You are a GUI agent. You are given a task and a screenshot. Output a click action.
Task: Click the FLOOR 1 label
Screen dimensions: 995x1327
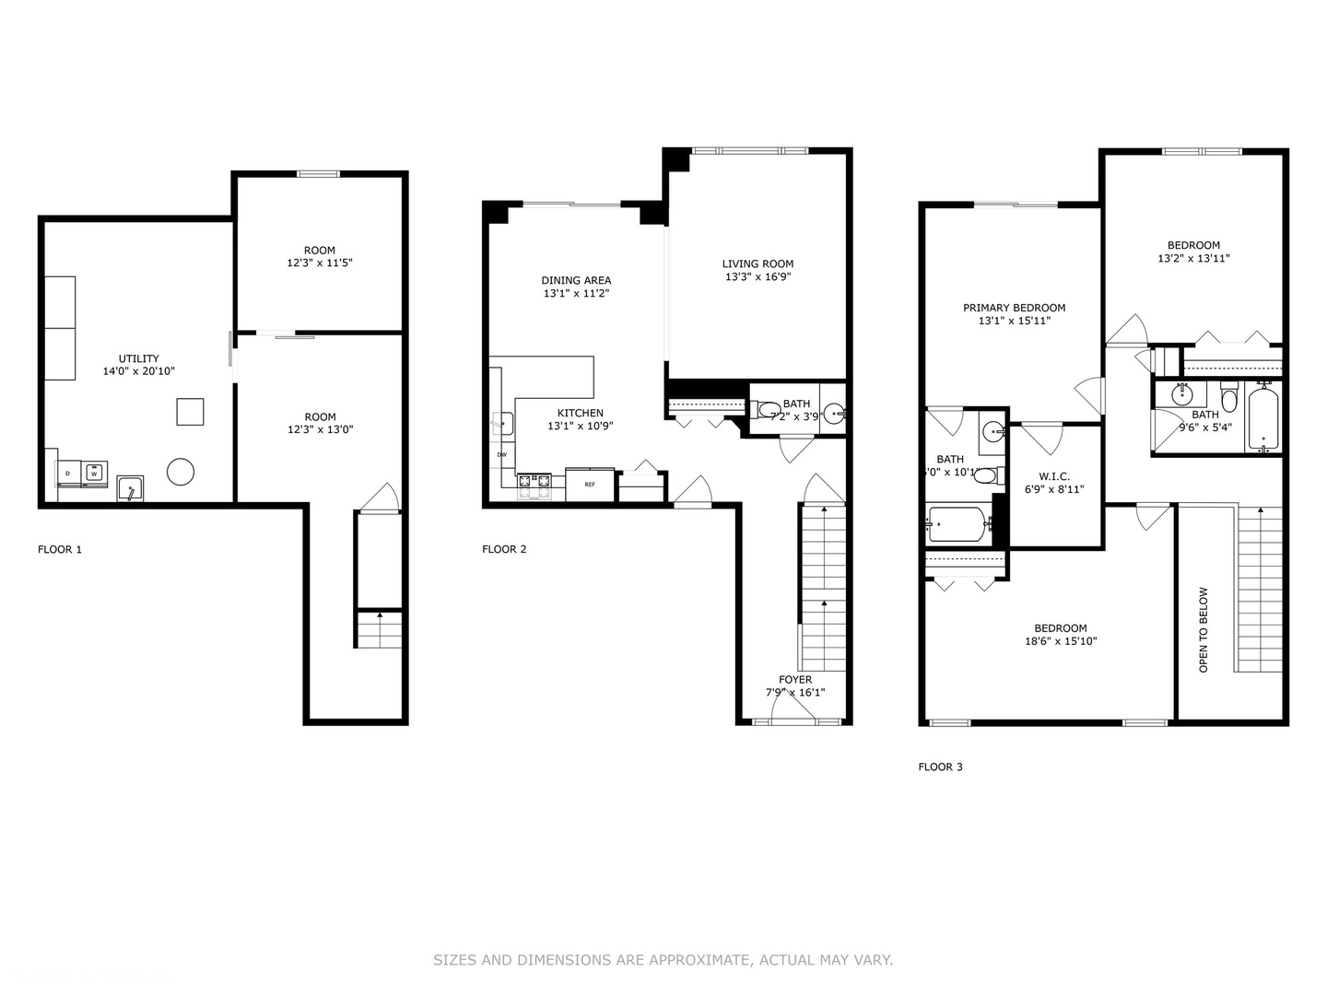[x=60, y=550]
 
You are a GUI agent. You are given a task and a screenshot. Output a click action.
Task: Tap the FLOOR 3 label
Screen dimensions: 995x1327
[x=940, y=767]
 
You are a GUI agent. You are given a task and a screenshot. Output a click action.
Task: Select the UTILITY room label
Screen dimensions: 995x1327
[x=138, y=358]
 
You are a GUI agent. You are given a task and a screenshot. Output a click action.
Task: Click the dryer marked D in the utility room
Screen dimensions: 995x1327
[x=68, y=474]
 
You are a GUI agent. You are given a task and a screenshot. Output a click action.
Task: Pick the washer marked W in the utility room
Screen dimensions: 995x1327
[x=93, y=474]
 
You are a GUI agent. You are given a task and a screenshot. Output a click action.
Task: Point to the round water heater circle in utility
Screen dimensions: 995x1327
[x=181, y=473]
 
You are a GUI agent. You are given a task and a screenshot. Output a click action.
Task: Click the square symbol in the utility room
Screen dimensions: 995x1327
[x=191, y=412]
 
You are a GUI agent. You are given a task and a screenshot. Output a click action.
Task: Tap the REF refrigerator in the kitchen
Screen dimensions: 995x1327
[x=590, y=485]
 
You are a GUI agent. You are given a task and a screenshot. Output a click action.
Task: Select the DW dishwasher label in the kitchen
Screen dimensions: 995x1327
[x=502, y=454]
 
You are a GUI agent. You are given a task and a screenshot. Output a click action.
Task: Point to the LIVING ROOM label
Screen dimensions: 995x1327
[x=757, y=263]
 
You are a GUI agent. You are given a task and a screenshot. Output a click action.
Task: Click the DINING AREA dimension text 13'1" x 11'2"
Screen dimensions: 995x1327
[x=577, y=294]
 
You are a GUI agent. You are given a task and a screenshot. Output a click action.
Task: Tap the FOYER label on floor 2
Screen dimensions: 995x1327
[x=795, y=680]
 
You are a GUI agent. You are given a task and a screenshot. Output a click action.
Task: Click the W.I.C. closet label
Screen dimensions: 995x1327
[x=1053, y=476]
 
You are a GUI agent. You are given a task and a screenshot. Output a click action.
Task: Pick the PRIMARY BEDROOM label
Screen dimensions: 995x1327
[x=1014, y=308]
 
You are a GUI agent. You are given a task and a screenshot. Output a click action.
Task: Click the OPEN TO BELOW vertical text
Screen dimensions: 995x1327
[x=1204, y=629]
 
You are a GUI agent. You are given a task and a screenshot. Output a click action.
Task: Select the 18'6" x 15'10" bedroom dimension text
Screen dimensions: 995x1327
[x=1061, y=641]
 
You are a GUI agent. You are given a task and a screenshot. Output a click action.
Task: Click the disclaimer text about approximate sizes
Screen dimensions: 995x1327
[x=663, y=960]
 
